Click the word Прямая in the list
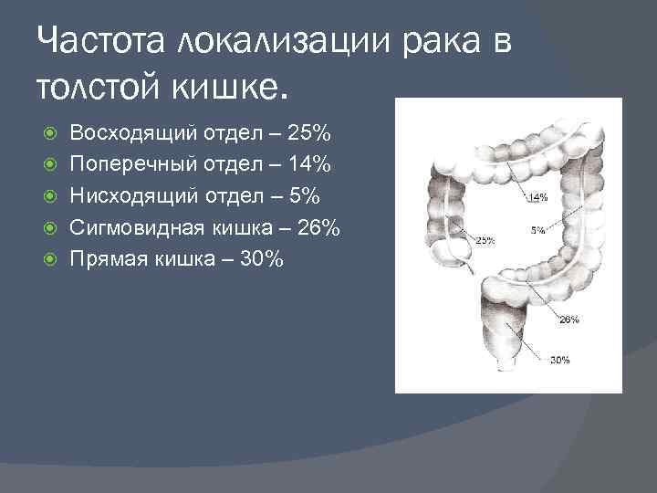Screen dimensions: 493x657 click(107, 260)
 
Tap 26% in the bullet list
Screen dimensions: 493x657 click(319, 228)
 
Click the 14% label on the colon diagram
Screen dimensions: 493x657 click(537, 197)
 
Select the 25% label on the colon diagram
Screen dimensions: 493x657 click(485, 241)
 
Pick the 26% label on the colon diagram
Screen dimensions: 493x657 click(568, 320)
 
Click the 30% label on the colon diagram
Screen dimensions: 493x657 click(560, 360)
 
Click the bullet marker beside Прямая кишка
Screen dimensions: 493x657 click(52, 260)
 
